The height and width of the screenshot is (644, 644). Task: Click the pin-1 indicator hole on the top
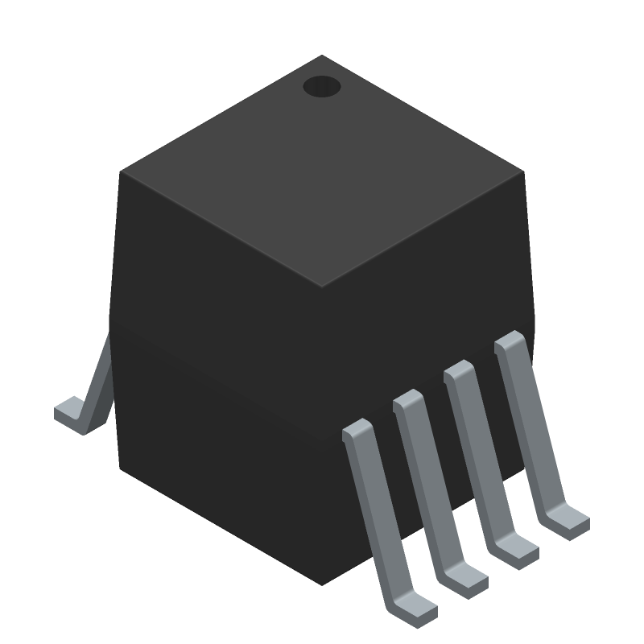coord(322,86)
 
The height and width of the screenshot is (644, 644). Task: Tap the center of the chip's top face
coord(322,171)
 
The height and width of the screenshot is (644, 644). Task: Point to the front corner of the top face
coord(322,286)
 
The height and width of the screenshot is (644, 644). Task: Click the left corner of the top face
coord(121,171)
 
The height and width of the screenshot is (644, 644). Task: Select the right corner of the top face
coord(523,171)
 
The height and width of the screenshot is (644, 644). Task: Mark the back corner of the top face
coord(322,56)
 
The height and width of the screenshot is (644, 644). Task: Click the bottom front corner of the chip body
coord(322,584)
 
